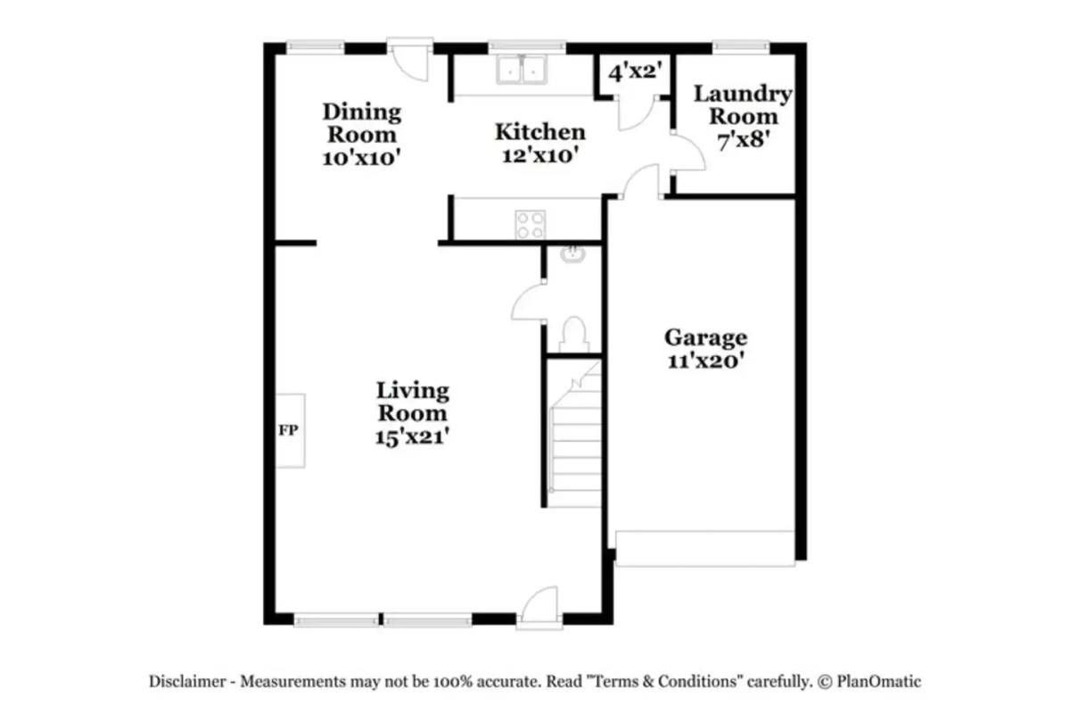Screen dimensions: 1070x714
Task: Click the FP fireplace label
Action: (288, 430)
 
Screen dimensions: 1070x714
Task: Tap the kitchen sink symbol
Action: (521, 70)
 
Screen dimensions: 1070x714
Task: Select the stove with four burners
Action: (531, 225)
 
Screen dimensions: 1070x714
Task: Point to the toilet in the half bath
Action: (573, 334)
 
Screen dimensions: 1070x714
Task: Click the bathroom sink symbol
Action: (572, 254)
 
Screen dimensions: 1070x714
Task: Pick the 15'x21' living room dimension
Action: (412, 436)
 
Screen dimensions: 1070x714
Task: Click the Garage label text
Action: (705, 338)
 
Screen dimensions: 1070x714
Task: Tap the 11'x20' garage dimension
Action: (706, 361)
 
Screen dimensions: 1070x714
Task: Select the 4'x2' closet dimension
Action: (635, 72)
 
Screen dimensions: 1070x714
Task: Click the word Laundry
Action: (743, 95)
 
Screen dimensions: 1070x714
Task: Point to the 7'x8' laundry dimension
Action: (744, 141)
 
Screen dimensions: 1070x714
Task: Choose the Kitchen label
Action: (539, 132)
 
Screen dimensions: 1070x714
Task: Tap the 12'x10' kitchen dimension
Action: (540, 155)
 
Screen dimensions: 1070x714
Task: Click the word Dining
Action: (362, 112)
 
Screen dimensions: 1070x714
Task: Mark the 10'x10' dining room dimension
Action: (361, 158)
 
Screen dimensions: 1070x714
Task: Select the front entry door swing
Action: (539, 606)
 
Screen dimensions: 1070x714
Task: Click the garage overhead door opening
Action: (705, 549)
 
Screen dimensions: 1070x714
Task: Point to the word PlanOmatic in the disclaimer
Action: (878, 681)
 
